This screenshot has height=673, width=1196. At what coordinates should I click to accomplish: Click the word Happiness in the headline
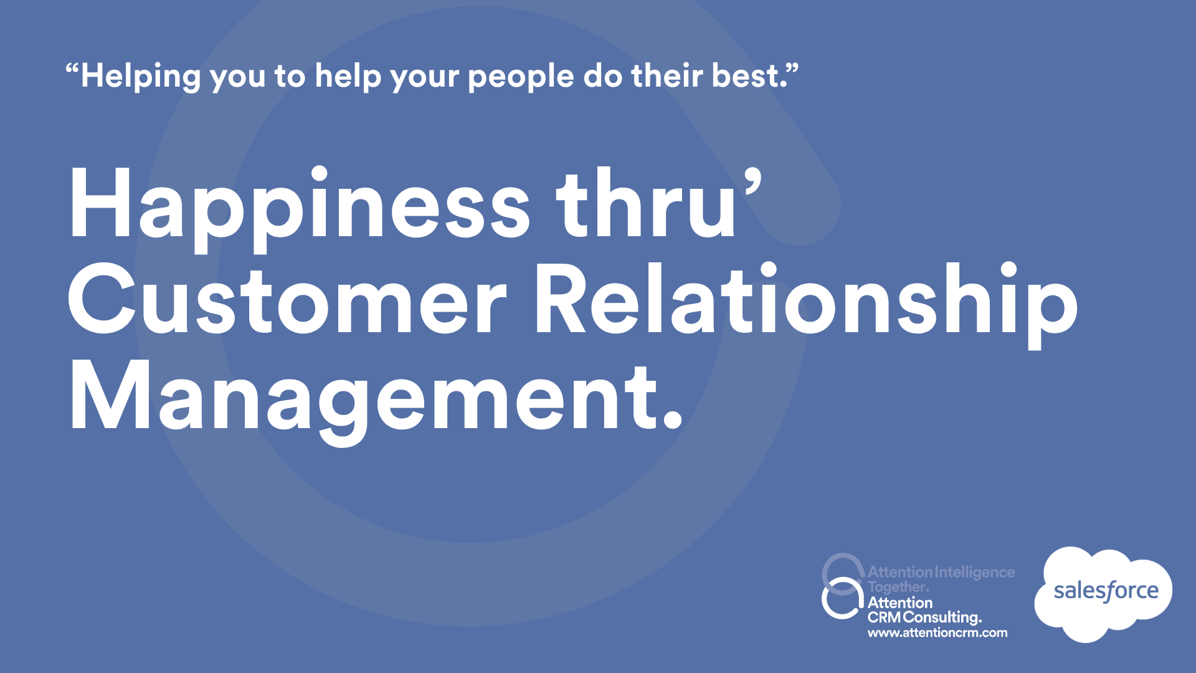pyautogui.click(x=300, y=209)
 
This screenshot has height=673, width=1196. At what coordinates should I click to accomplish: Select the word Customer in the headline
pyautogui.click(x=287, y=299)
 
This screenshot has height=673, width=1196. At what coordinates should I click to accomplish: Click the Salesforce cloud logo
pyautogui.click(x=1103, y=594)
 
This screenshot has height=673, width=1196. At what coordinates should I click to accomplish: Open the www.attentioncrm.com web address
pyautogui.click(x=937, y=633)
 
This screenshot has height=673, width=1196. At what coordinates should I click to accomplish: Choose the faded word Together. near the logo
pyautogui.click(x=898, y=588)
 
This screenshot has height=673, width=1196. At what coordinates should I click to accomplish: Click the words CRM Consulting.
pyautogui.click(x=924, y=618)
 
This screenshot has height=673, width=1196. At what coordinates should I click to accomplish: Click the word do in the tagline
pyautogui.click(x=603, y=76)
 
